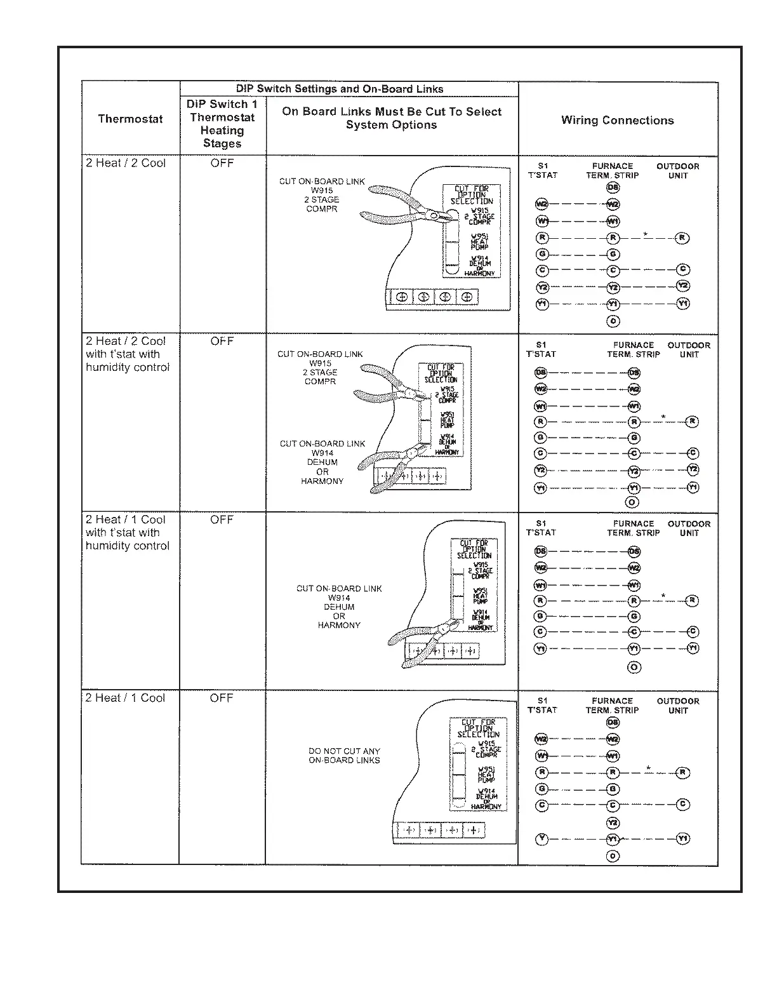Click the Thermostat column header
[x=130, y=119]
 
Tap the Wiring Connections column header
[x=617, y=120]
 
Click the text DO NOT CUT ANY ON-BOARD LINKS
[x=344, y=755]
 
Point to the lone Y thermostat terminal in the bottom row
[x=541, y=838]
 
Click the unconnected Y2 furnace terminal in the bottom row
[x=613, y=822]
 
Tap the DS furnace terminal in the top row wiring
[x=613, y=187]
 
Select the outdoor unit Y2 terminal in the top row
[x=682, y=286]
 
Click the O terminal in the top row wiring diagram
[x=613, y=321]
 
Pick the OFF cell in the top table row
[x=222, y=163]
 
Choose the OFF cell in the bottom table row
[x=222, y=698]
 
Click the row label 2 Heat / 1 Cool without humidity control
[x=125, y=698]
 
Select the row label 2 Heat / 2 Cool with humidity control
[x=127, y=354]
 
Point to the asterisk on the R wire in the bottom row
[x=648, y=768]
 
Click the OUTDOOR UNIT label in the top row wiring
[x=677, y=171]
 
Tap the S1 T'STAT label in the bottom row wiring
[x=541, y=706]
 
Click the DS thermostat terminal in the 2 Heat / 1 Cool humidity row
[x=541, y=551]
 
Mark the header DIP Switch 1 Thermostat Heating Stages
[x=222, y=123]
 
